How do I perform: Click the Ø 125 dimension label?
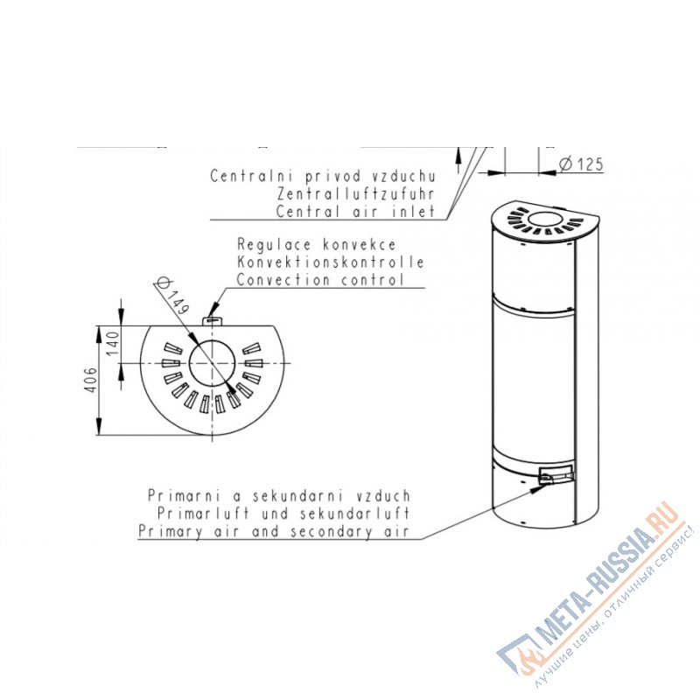coord(581,164)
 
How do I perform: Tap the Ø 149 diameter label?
coord(171,296)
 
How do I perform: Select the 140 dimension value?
coord(113,343)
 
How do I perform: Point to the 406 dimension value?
coord(91,380)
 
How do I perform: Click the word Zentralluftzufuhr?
coord(355,193)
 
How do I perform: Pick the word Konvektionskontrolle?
coord(331,262)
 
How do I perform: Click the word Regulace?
coord(274,245)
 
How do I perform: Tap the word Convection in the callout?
coord(283,280)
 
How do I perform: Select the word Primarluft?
coord(203,514)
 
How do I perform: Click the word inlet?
coord(413,211)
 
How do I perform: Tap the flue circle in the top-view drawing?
coord(213,362)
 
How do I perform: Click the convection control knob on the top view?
coord(213,321)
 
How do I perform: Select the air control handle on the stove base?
coord(556,474)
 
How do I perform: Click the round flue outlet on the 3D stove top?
coord(544,220)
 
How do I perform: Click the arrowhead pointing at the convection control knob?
coord(213,309)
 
